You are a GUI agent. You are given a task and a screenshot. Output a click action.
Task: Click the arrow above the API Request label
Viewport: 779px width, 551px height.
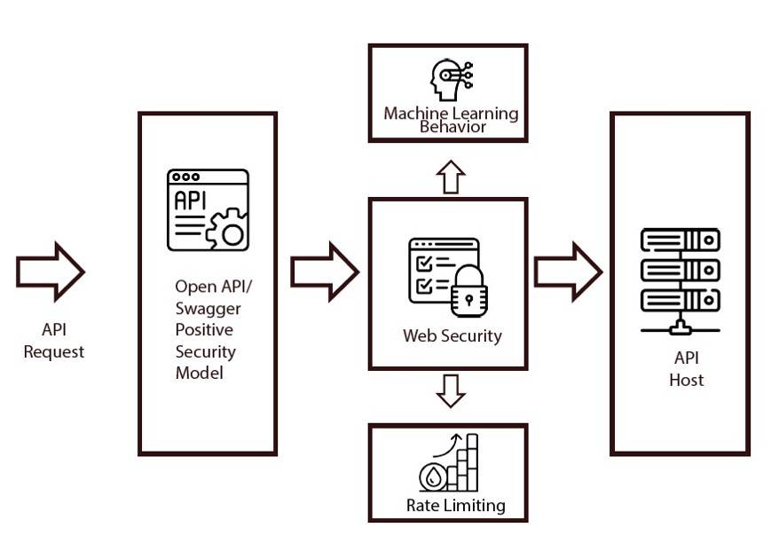coord(50,271)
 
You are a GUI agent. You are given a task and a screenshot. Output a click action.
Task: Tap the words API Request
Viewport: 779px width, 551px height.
coord(54,341)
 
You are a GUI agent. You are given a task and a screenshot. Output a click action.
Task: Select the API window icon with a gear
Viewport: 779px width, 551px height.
coord(208,209)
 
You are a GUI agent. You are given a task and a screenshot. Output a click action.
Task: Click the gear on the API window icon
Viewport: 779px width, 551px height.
coord(229,230)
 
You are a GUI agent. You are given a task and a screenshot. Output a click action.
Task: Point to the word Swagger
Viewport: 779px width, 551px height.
coord(208,308)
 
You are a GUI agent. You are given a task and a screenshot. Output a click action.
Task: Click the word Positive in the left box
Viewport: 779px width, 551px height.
coord(204,330)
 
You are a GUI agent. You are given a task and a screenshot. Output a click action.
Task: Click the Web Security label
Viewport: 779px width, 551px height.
coord(452,335)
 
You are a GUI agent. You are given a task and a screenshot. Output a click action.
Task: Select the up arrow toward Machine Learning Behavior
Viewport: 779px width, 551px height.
coord(451,177)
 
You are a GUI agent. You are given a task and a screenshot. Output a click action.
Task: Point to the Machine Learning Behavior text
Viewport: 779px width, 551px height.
coord(451,120)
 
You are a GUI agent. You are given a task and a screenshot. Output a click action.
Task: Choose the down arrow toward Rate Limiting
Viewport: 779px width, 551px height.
coord(451,390)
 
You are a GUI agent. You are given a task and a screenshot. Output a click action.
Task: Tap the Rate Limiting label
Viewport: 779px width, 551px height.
coord(455,505)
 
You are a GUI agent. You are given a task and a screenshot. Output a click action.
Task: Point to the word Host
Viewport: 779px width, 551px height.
coord(687,380)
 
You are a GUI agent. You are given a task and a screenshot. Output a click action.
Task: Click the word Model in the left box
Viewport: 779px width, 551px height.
coord(199,373)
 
